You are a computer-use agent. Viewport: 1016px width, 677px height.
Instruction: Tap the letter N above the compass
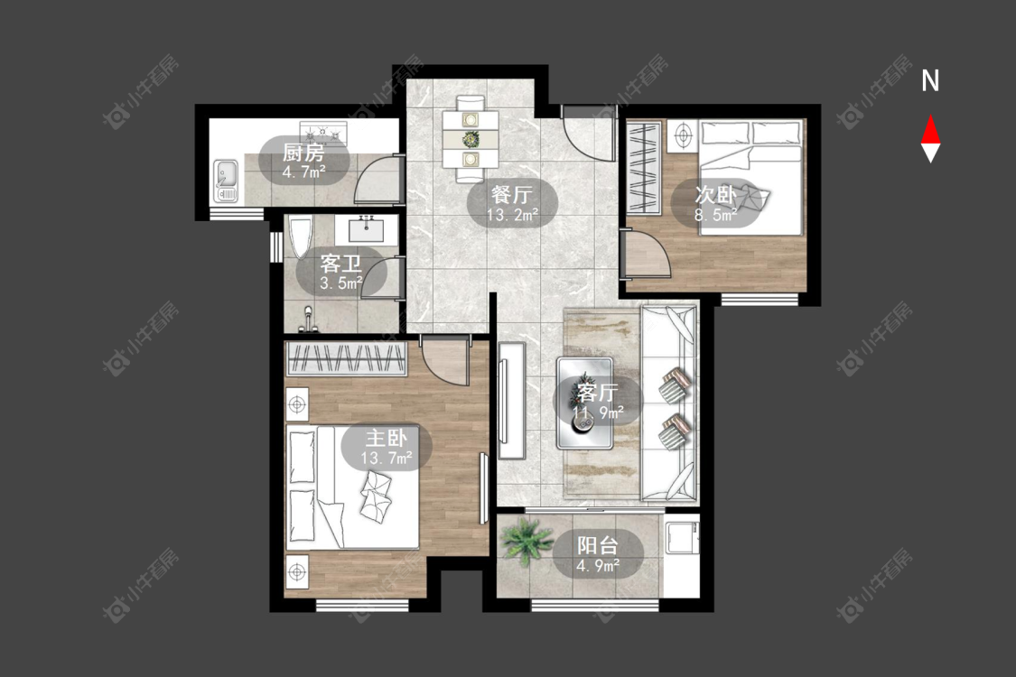click(x=930, y=81)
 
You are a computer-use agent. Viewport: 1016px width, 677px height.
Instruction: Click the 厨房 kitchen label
click(x=303, y=153)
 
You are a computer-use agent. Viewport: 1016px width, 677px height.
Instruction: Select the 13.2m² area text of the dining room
click(x=513, y=215)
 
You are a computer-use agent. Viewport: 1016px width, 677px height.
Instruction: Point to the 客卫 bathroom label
click(x=340, y=264)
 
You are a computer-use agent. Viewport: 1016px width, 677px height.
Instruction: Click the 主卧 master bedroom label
click(x=387, y=439)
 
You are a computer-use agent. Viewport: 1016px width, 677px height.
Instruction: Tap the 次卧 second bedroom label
click(x=714, y=194)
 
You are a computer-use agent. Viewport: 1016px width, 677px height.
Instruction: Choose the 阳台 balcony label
click(x=598, y=545)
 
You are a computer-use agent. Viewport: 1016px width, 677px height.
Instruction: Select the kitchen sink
click(x=226, y=181)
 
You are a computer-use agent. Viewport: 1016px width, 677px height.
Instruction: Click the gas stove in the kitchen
click(x=323, y=133)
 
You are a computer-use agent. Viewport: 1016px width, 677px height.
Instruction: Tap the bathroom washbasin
click(x=366, y=229)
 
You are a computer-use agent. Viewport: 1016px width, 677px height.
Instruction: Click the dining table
click(x=471, y=139)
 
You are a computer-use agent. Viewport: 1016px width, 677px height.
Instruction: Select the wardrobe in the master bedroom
click(x=347, y=358)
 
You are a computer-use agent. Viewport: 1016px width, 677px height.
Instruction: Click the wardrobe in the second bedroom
click(x=643, y=168)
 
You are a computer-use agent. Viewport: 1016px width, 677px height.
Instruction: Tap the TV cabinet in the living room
click(x=511, y=401)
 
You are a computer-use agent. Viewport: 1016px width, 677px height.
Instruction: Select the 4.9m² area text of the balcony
click(x=598, y=566)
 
